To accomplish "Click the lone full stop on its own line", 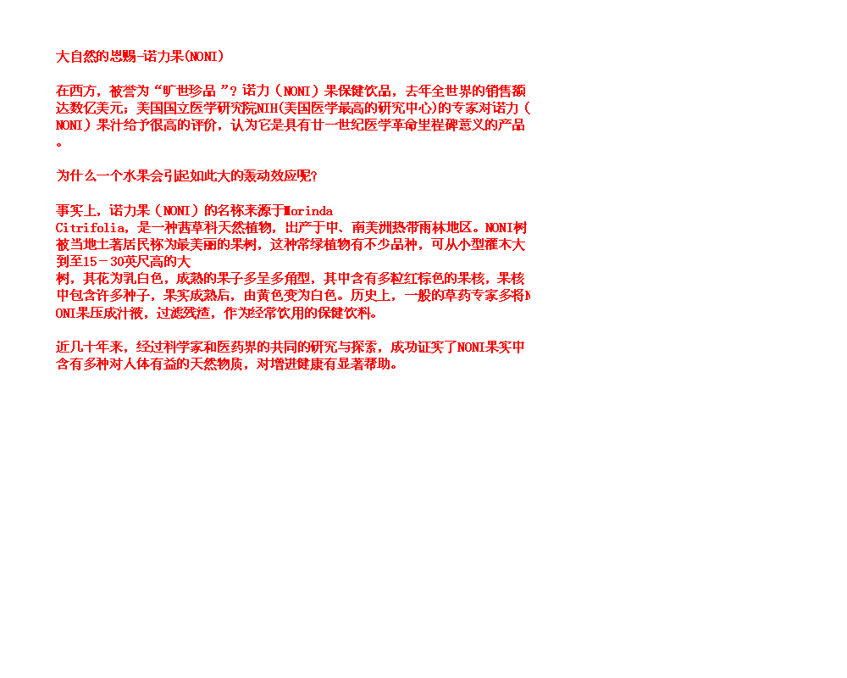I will pyautogui.click(x=59, y=143).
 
